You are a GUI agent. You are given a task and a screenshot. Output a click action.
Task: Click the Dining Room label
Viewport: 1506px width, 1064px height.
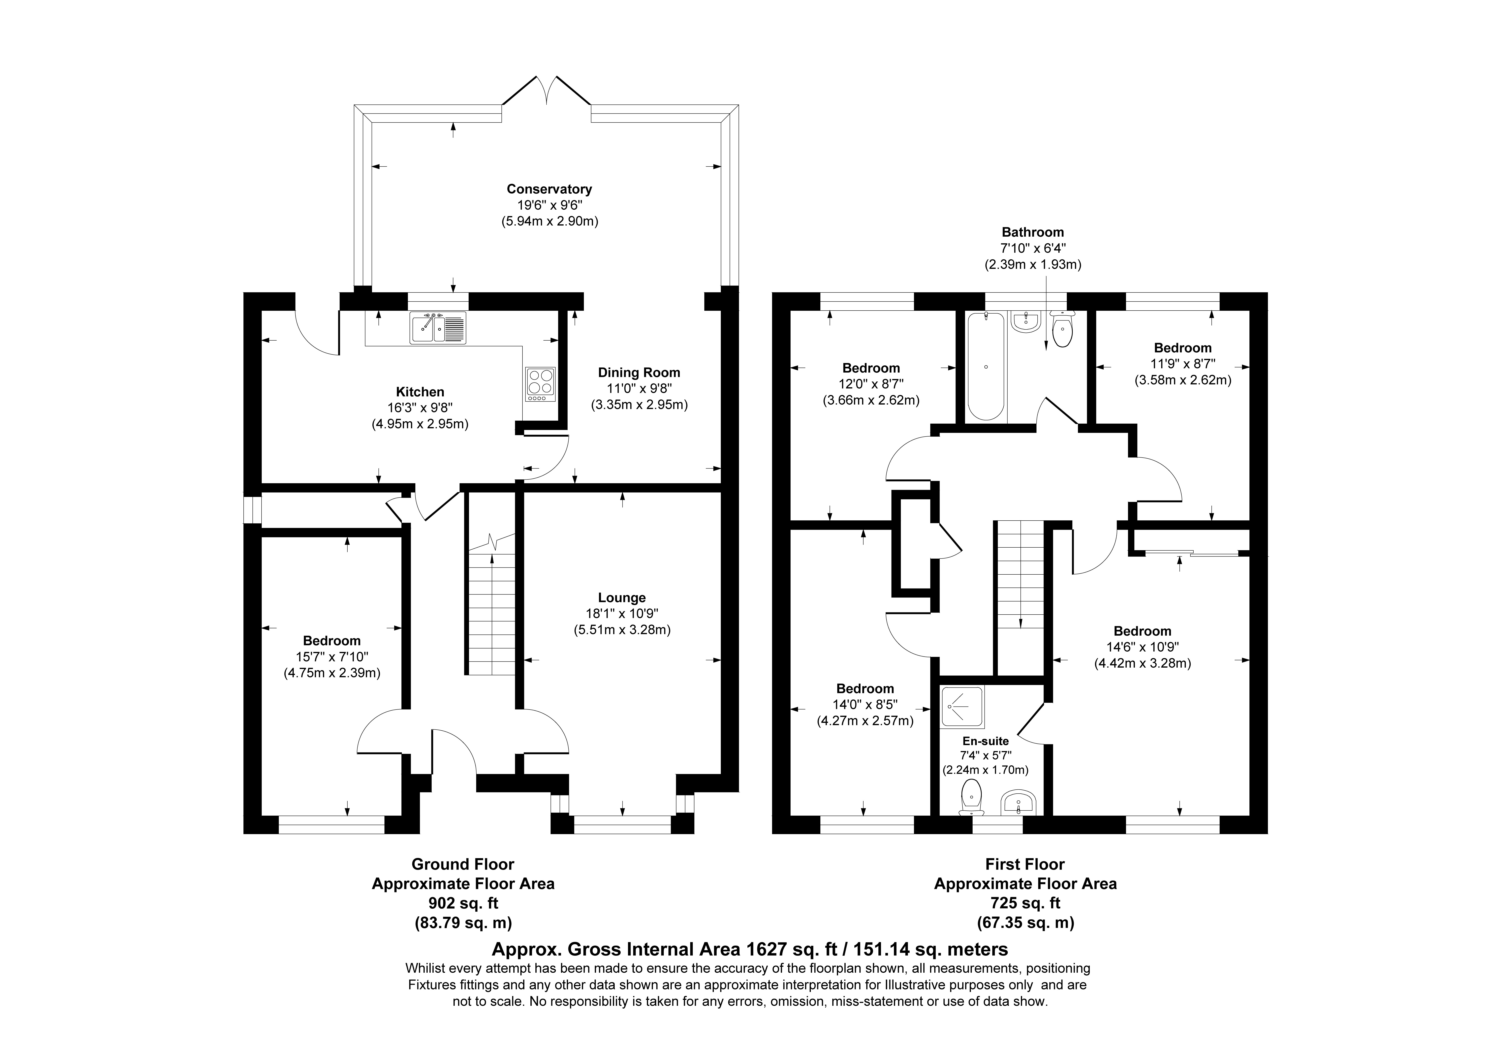(x=639, y=373)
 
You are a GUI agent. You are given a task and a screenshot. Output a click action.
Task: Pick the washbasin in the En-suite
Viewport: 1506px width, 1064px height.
(x=1017, y=802)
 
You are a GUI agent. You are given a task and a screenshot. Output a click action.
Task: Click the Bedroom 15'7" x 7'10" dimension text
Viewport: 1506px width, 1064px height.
(x=332, y=657)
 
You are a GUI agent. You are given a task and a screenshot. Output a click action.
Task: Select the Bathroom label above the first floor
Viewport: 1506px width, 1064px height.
(x=1032, y=232)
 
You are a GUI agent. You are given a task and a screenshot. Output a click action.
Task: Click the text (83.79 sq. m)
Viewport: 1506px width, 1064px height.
(x=463, y=923)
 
